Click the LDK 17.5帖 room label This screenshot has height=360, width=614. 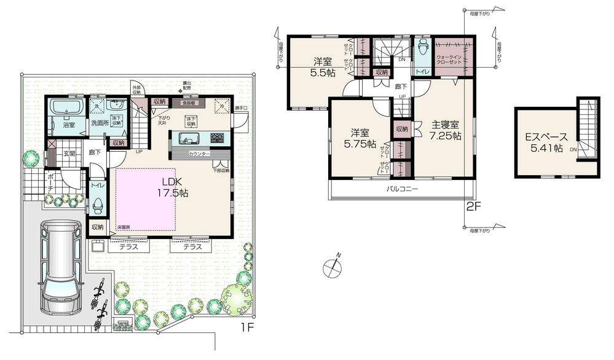175,187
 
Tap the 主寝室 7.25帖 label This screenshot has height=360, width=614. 446,131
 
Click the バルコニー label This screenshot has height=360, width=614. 402,189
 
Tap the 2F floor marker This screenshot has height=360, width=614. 472,206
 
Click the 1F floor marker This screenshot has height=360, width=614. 246,327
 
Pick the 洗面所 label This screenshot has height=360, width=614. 100,123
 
